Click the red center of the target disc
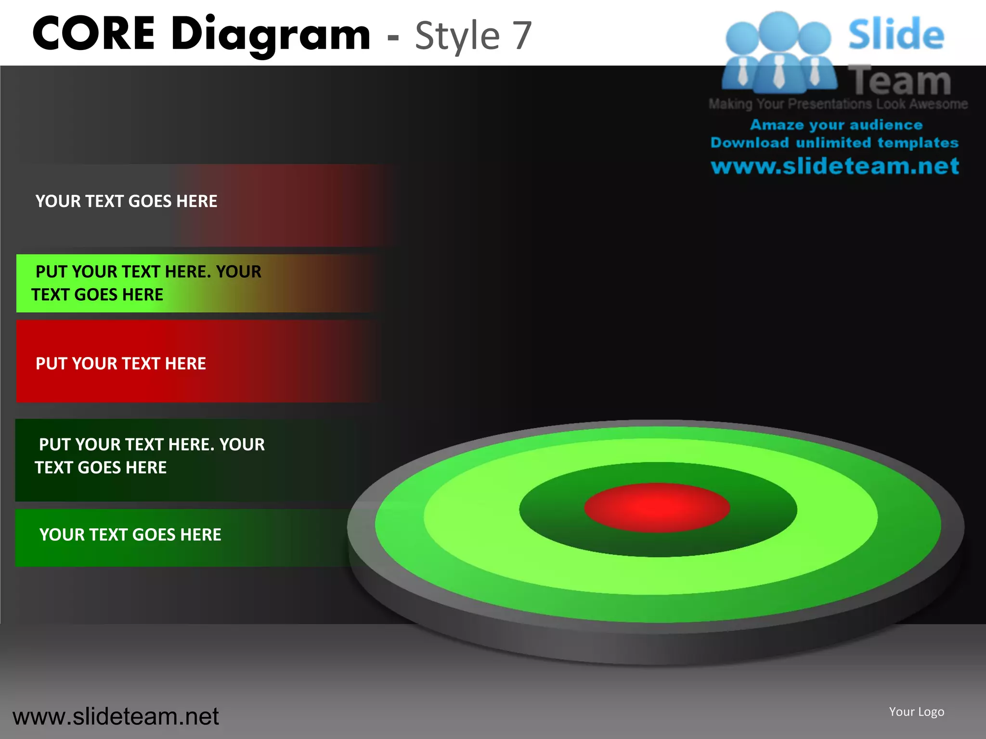(x=657, y=507)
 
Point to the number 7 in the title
(x=521, y=36)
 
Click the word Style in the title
(x=457, y=37)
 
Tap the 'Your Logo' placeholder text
(x=916, y=712)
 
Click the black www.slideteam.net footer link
(x=116, y=716)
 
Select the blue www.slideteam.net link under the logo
(x=835, y=166)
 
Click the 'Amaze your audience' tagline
(x=836, y=125)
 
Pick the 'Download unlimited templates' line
(x=834, y=143)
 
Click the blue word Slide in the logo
(x=896, y=35)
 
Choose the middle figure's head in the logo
(x=778, y=30)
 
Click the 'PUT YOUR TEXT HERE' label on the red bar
(x=121, y=363)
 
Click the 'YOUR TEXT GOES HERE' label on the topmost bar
(x=127, y=201)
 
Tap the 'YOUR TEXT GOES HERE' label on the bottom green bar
(x=130, y=535)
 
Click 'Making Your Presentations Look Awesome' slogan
(x=838, y=104)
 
